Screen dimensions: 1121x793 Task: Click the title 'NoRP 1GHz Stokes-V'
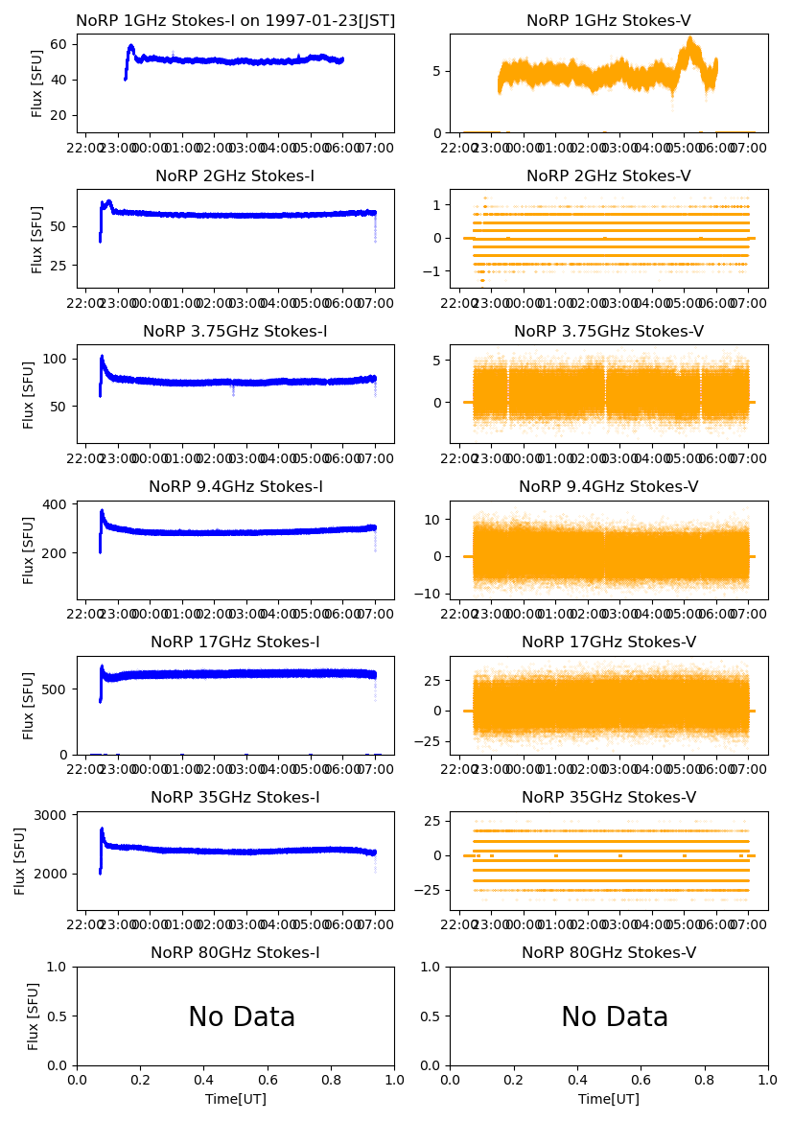click(609, 21)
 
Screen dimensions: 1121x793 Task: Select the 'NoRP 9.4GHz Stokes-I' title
click(236, 487)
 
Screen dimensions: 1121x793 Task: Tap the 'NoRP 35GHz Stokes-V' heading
click(609, 798)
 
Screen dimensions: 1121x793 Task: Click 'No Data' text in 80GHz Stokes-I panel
click(242, 1017)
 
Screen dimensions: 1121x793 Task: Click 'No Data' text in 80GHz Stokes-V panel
click(615, 1017)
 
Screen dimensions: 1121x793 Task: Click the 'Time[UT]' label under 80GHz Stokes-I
click(236, 1099)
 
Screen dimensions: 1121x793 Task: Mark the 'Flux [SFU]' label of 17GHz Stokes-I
click(29, 705)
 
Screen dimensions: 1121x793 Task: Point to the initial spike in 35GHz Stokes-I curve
click(102, 829)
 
